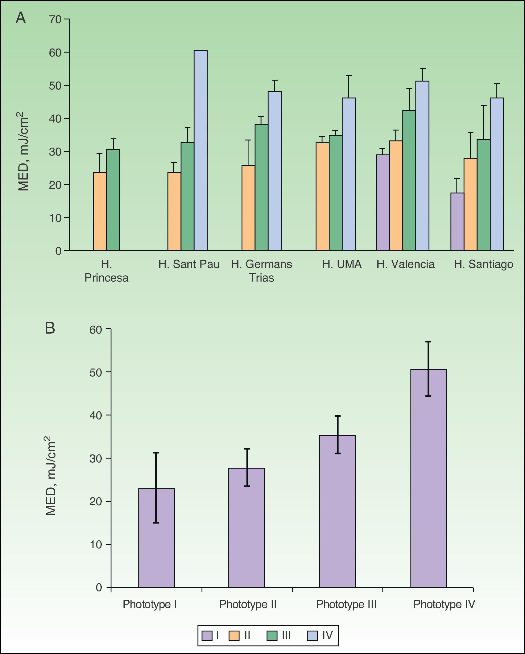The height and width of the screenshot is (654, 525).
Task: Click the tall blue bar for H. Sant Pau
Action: [201, 150]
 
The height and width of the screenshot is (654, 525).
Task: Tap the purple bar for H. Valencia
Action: [383, 203]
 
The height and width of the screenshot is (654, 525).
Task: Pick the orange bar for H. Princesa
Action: [100, 212]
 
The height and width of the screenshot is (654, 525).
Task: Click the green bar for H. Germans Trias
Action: [261, 187]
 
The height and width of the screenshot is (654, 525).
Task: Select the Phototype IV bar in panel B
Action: [428, 478]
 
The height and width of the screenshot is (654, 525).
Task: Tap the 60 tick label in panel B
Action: [96, 329]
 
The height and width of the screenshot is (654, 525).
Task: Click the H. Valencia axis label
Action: [405, 264]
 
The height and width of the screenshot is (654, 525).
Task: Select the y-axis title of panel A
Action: [23, 152]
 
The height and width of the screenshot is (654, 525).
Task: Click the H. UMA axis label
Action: [342, 264]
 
